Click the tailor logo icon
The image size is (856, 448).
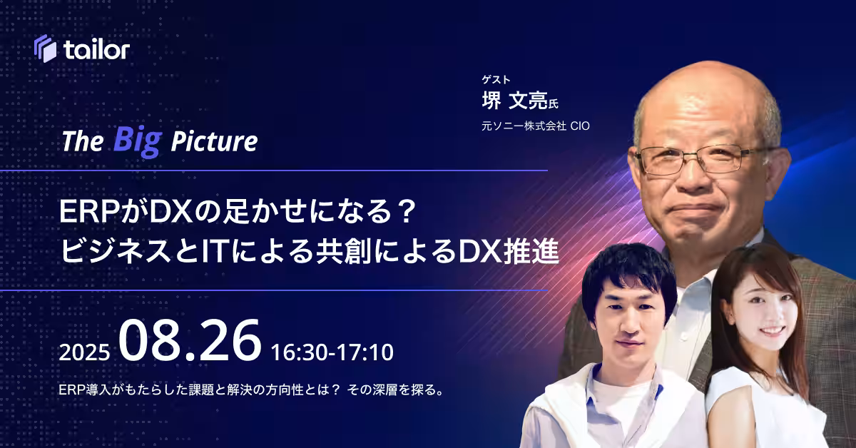pos(45,49)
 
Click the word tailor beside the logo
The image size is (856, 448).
pos(97,49)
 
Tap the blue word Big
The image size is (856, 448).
pos(138,141)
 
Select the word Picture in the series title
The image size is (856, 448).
pos(214,141)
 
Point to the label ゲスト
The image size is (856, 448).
pos(496,79)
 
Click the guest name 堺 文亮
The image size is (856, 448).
pos(514,101)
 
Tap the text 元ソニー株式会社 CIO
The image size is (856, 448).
pos(536,126)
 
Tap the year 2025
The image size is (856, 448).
pos(84,352)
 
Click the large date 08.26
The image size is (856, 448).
pos(190,340)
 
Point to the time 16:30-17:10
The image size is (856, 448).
pos(332,352)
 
